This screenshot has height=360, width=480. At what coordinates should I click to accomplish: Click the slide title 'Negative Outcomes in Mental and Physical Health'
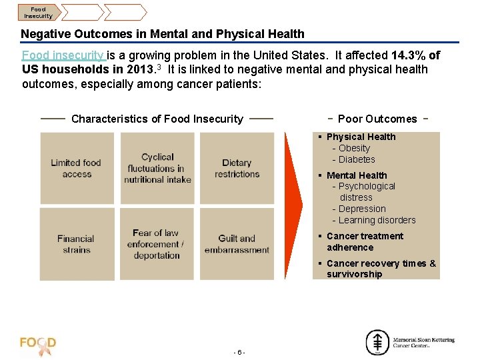(163, 34)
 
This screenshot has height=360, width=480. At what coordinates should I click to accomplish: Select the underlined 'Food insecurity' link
(64, 55)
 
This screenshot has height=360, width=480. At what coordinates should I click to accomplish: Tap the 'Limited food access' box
(77, 168)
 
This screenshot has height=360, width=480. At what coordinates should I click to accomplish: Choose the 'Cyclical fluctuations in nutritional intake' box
(157, 168)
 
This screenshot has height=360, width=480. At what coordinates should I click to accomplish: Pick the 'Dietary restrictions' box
(237, 168)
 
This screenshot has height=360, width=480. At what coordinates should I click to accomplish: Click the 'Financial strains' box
(77, 244)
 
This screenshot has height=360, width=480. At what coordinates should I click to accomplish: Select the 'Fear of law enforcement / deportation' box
(157, 244)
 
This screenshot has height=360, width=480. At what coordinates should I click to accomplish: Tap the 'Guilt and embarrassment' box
(237, 244)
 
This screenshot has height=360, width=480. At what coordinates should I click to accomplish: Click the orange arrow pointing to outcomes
(293, 206)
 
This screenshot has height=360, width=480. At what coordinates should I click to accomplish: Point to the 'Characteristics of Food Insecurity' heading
(157, 119)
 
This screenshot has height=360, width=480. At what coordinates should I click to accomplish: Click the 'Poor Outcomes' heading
(377, 119)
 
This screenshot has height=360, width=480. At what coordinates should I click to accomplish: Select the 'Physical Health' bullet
(361, 137)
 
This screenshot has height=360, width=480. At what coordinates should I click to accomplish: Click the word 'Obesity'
(354, 148)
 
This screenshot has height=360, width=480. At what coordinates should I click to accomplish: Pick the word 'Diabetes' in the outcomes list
(357, 159)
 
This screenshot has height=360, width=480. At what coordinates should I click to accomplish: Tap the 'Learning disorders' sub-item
(377, 220)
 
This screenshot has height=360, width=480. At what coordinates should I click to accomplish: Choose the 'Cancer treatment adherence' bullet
(364, 241)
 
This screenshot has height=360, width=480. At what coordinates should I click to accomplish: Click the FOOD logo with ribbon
(39, 345)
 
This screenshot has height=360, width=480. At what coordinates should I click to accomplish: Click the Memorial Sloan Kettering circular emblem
(377, 343)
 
